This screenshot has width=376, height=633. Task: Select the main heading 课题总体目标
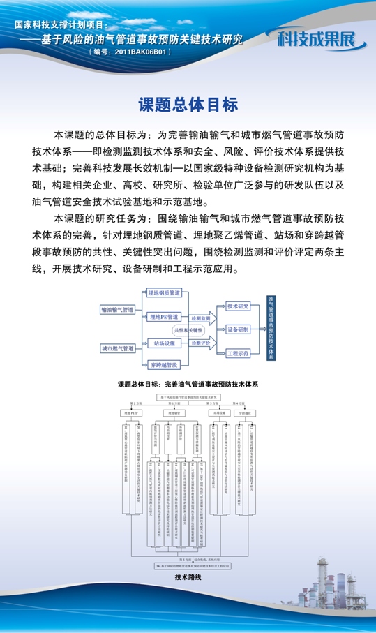[188, 105]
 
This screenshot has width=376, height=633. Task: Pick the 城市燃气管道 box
[117, 347]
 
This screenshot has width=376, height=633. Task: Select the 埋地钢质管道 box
[164, 293]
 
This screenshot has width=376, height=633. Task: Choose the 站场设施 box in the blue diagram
[164, 343]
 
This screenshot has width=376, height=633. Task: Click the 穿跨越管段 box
[164, 364]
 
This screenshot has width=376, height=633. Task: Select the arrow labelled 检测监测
[200, 318]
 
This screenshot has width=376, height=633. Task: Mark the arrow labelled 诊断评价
[200, 343]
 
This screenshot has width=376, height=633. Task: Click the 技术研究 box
[238, 306]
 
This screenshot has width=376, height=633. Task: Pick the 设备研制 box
[238, 329]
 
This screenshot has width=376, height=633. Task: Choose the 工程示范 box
[238, 353]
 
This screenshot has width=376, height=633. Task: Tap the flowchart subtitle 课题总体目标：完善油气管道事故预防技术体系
[188, 384]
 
